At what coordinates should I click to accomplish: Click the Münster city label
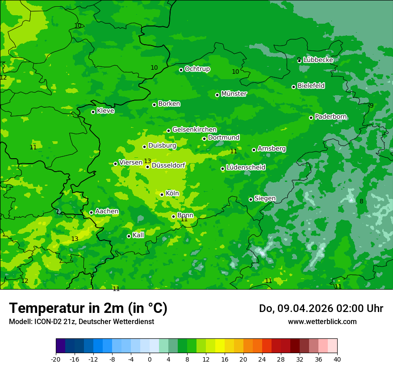click(x=234, y=94)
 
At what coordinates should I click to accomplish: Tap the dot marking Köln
click(x=162, y=194)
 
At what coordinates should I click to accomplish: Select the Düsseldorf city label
click(x=168, y=166)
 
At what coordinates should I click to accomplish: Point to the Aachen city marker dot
click(x=92, y=213)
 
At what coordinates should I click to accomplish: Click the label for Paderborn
click(x=331, y=117)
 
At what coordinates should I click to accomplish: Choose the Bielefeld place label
click(x=311, y=86)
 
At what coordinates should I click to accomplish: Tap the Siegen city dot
click(x=251, y=199)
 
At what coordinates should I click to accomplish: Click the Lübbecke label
click(x=318, y=60)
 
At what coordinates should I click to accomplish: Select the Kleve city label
click(x=105, y=111)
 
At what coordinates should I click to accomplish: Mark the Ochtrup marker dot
click(x=181, y=70)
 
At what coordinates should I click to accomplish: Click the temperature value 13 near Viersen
click(x=147, y=161)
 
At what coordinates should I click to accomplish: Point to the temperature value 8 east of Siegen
click(x=361, y=201)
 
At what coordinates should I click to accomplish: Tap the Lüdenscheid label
click(x=246, y=168)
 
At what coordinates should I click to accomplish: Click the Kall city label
click(x=138, y=235)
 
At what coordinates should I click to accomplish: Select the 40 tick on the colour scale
click(x=337, y=359)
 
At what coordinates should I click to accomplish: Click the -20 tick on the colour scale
click(x=56, y=359)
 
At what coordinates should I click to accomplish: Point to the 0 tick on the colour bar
click(x=150, y=359)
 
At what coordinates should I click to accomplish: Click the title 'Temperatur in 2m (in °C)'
click(x=88, y=308)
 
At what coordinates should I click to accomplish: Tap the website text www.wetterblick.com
click(x=322, y=322)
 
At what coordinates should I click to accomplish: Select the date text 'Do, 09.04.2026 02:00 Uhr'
click(x=321, y=308)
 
